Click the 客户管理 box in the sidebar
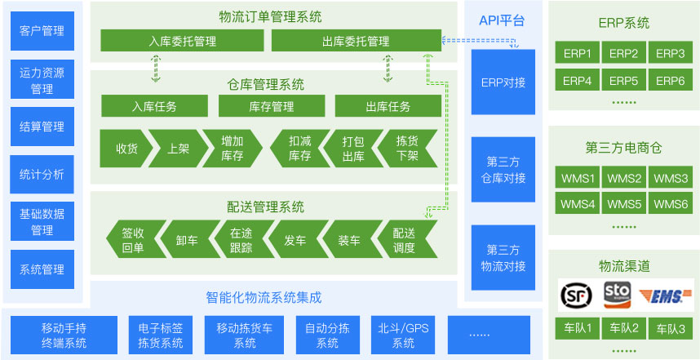42,31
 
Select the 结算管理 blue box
42,127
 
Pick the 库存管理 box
272,106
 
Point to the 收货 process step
124,149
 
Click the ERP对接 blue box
503,82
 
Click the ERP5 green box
623,80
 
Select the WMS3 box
671,179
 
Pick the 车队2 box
623,328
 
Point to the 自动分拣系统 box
327,336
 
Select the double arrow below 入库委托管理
155,68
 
